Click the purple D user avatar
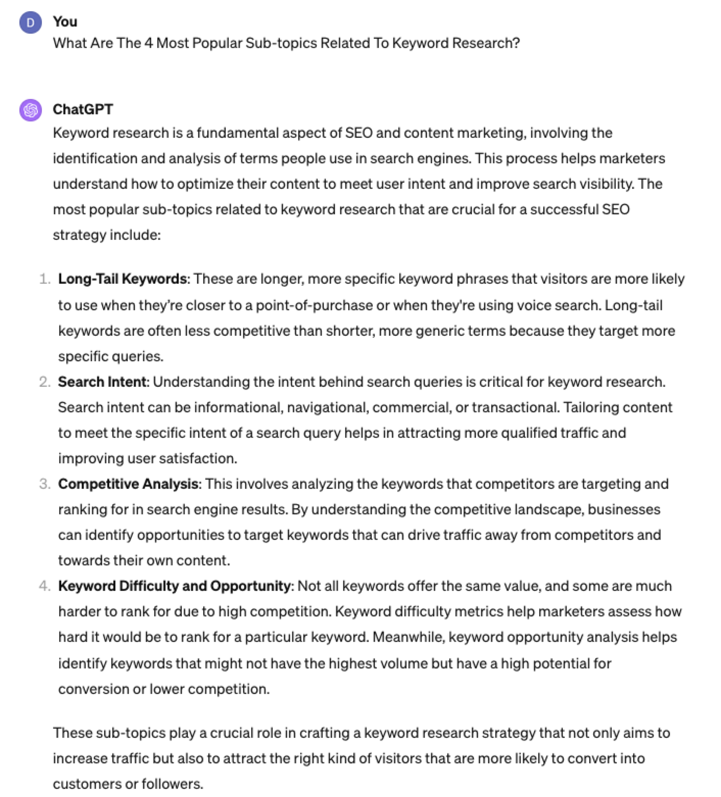click(30, 22)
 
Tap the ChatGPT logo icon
click(30, 110)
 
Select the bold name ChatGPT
click(83, 109)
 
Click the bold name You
click(65, 21)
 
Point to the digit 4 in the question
click(149, 43)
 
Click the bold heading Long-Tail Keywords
click(123, 279)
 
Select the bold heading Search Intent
click(103, 382)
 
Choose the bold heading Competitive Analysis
click(128, 484)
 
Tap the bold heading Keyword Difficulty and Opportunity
click(174, 586)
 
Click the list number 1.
click(44, 279)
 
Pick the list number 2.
click(44, 382)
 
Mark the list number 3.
click(44, 484)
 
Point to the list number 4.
click(44, 586)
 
